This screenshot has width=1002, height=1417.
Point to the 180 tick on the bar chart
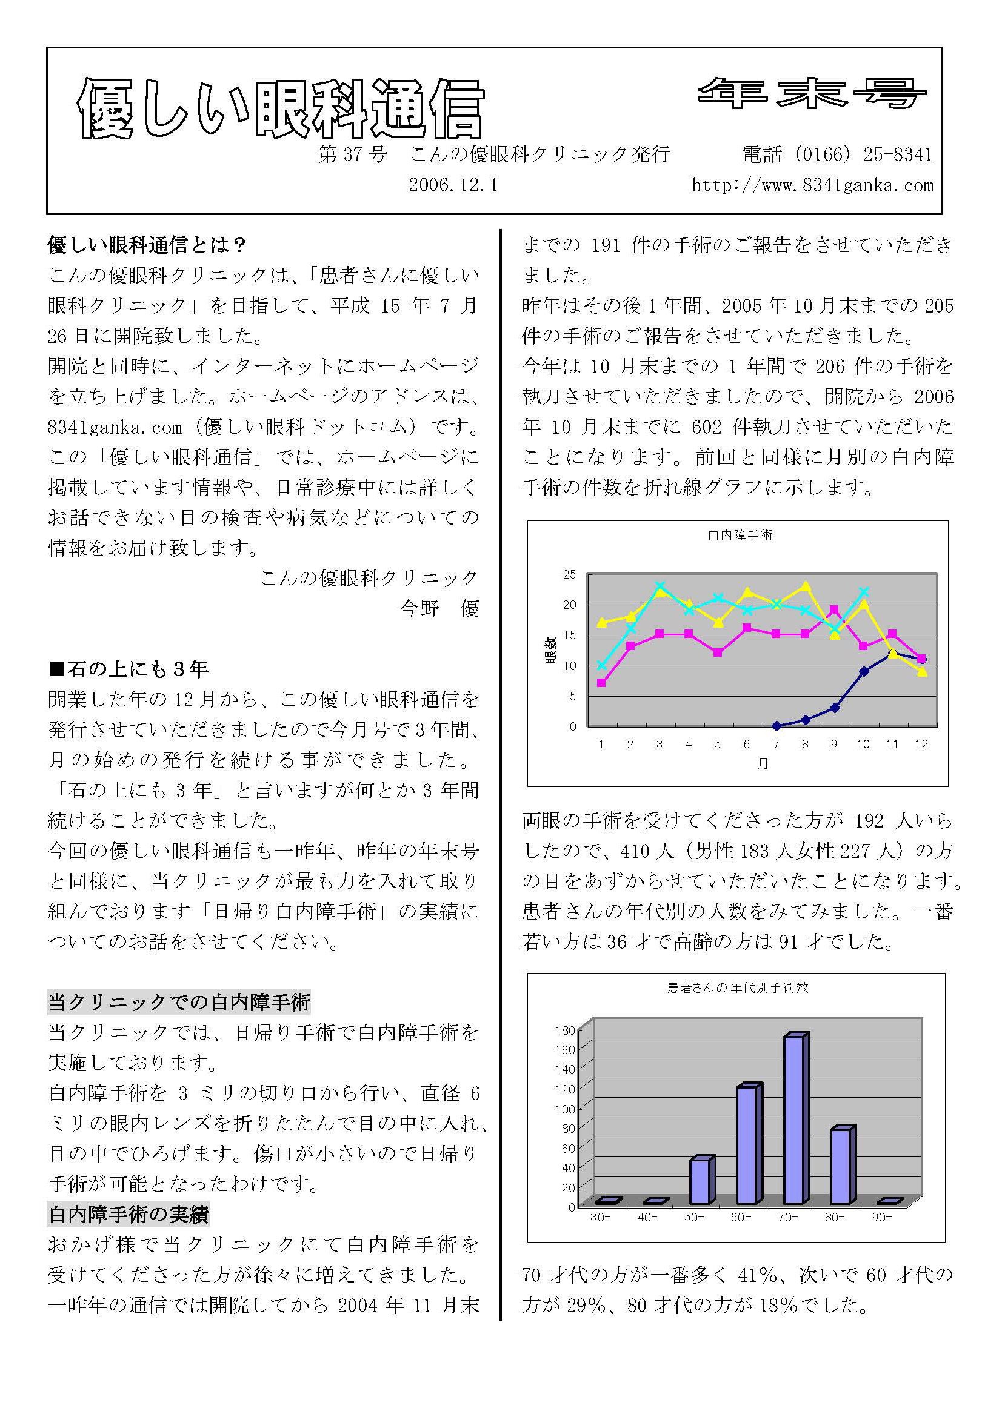[x=565, y=1030]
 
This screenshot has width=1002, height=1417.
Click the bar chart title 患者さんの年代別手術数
[x=738, y=988]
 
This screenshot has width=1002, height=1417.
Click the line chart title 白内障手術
[x=740, y=536]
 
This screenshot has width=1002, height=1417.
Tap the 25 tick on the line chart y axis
[x=569, y=574]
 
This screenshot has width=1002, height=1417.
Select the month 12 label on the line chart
[x=921, y=745]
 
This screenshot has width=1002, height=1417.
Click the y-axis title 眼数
[x=550, y=651]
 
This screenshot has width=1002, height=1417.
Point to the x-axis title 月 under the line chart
[x=763, y=764]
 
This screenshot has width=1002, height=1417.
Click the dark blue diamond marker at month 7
[x=777, y=726]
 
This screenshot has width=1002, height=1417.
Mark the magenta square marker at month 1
[x=601, y=683]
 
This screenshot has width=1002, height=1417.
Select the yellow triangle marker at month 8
[x=805, y=586]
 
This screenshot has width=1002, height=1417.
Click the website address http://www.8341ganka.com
[x=812, y=185]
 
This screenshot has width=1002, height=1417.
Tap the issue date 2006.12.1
[x=453, y=185]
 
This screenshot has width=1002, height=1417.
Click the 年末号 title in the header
[x=811, y=95]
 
